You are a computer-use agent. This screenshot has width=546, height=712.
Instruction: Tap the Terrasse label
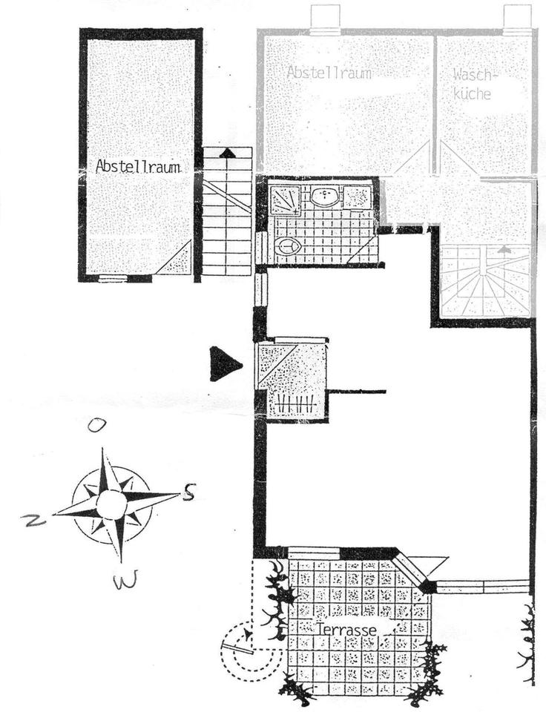tap(346, 628)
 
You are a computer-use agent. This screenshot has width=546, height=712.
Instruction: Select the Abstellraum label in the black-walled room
tap(139, 167)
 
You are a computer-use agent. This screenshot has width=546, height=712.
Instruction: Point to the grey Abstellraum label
tap(329, 73)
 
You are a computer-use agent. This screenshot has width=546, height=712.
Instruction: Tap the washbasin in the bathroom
tap(325, 197)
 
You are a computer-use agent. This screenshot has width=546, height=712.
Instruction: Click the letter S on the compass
tap(189, 492)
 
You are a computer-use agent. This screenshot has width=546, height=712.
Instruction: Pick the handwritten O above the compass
tap(95, 425)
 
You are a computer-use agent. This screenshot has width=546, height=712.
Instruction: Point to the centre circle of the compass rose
tap(112, 505)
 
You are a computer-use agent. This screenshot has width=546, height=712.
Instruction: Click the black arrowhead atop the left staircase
tap(228, 153)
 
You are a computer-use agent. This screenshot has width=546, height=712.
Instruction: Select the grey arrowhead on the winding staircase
tap(504, 251)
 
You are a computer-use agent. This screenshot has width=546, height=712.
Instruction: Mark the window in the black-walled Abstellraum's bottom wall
tap(112, 279)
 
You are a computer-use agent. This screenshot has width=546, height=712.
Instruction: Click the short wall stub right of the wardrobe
tap(357, 391)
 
